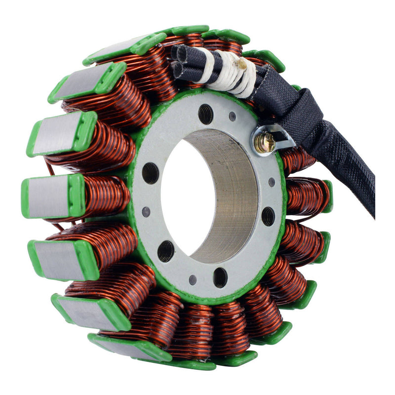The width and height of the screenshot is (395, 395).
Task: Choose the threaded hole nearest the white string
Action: click(205, 114)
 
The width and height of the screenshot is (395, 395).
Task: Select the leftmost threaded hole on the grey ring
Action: click(151, 173)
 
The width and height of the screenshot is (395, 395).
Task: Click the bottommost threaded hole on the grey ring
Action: click(220, 277)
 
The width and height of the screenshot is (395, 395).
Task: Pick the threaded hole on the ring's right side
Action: click(268, 216)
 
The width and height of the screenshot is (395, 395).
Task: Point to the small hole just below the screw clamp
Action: click(272, 182)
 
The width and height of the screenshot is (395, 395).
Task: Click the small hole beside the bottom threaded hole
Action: click(193, 279)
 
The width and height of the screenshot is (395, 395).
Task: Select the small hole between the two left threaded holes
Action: click(146, 211)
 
